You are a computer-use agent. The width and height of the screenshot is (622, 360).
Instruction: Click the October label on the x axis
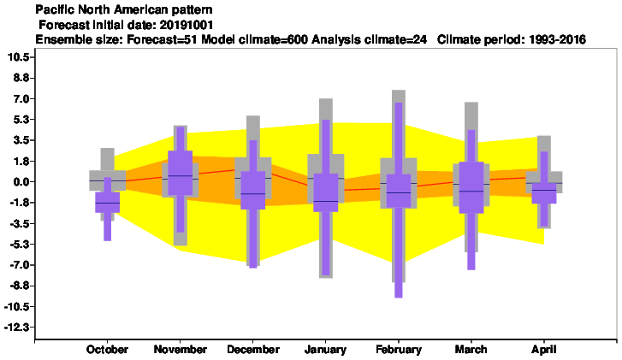pyautogui.click(x=107, y=349)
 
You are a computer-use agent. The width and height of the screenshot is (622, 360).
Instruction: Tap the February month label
pyautogui.click(x=399, y=349)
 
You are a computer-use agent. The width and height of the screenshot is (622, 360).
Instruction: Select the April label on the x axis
pyautogui.click(x=544, y=349)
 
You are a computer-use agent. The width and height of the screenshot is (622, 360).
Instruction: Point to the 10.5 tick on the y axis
pyautogui.click(x=19, y=57)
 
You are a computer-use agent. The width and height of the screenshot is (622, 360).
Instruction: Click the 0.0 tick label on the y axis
pyautogui.click(x=21, y=182)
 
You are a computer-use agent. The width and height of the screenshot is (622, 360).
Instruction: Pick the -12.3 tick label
pyautogui.click(x=17, y=328)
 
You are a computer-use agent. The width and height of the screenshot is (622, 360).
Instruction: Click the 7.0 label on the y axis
pyautogui.click(x=21, y=98)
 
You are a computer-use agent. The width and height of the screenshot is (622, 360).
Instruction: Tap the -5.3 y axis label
pyautogui.click(x=19, y=245)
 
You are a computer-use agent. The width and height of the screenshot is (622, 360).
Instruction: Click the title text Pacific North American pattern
pyautogui.click(x=124, y=9)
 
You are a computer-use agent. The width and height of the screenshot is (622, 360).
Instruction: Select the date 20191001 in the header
pyautogui.click(x=186, y=25)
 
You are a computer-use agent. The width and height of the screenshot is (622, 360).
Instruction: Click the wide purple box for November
pyautogui.click(x=180, y=173)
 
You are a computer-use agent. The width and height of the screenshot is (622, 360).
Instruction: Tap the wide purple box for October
pyautogui.click(x=108, y=202)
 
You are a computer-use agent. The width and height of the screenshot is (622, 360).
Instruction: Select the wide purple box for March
pyautogui.click(x=471, y=187)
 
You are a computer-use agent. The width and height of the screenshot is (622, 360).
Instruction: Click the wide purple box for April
pyautogui.click(x=544, y=193)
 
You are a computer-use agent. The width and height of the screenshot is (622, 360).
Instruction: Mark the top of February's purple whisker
pyautogui.click(x=399, y=103)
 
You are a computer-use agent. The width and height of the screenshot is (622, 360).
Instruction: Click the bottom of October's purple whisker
pyautogui.click(x=108, y=240)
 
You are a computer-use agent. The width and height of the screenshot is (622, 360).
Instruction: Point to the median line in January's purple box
pyautogui.click(x=326, y=202)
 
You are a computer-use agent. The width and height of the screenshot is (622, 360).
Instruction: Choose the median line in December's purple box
pyautogui.click(x=253, y=193)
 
